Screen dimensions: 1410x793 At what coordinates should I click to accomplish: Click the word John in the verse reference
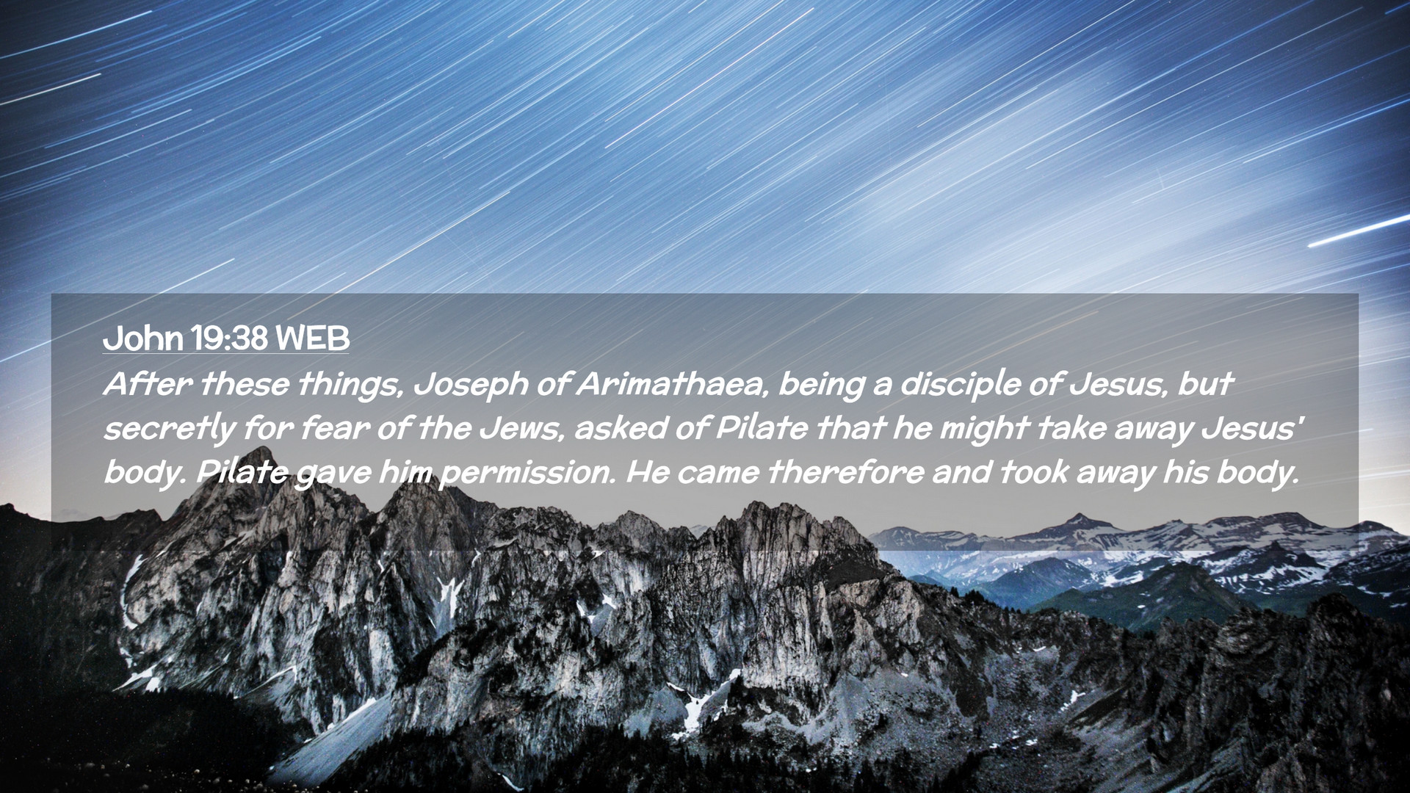(x=143, y=338)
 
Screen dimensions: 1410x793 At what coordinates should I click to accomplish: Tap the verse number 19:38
(x=228, y=338)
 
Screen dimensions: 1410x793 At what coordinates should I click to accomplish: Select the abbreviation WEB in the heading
(x=312, y=338)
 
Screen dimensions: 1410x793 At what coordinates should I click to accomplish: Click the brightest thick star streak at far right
(x=1359, y=231)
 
